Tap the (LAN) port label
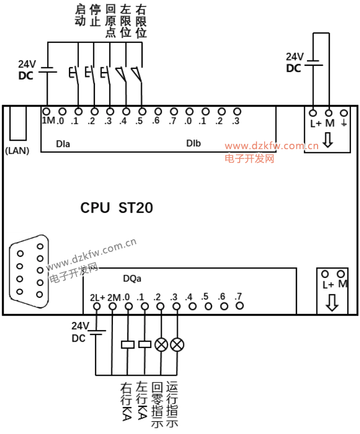click(17, 150)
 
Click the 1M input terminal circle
click(47, 111)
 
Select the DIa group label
click(63, 143)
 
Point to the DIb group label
click(193, 143)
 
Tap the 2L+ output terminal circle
click(96, 307)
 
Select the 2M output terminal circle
click(112, 307)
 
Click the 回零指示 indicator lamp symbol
click(161, 344)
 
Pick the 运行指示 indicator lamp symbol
click(177, 344)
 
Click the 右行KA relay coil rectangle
click(128, 344)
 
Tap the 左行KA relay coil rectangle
click(145, 344)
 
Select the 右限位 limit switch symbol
click(138, 73)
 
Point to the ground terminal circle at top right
click(344, 113)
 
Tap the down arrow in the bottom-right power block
click(332, 302)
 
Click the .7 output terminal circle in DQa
click(240, 306)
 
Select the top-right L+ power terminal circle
click(313, 113)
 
